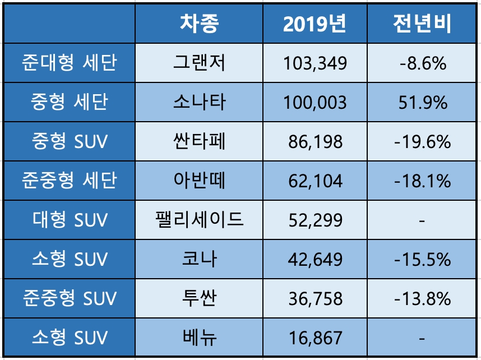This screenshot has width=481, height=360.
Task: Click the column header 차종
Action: point(199,24)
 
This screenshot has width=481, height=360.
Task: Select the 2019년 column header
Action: point(314,24)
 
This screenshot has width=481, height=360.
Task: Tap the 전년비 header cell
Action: point(423,24)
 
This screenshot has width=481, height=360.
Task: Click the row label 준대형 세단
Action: point(70,63)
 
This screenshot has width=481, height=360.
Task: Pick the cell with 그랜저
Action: point(199,63)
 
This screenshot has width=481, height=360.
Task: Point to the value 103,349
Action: point(314,63)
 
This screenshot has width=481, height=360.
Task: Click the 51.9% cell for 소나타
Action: point(423,102)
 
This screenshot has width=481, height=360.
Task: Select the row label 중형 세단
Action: point(70,102)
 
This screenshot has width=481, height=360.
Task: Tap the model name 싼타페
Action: point(199,141)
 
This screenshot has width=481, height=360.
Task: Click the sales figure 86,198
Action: point(314,141)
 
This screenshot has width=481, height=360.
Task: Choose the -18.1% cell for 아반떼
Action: point(423,181)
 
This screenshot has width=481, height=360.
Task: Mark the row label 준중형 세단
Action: point(70,181)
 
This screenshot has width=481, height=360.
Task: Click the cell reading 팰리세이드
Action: point(199,220)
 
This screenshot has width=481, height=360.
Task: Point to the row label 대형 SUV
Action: point(70,220)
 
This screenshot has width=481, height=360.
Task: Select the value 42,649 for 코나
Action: point(314,259)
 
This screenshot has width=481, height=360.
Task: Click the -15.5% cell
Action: point(423,259)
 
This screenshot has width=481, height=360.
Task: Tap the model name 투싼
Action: point(199,298)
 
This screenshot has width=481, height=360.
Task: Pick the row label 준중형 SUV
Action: point(70,298)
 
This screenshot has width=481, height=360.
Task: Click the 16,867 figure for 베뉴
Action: point(314,338)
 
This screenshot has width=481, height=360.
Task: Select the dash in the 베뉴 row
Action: point(423,338)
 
